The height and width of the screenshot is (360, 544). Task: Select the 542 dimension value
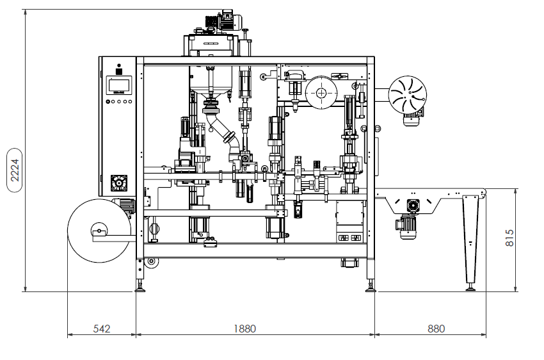102,329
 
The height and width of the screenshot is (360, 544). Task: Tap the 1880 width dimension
244,329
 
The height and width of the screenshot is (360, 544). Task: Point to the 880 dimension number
436,329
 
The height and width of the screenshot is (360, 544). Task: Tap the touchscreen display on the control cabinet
119,85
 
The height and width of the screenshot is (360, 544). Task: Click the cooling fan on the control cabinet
118,183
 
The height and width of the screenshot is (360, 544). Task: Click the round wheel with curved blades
407,94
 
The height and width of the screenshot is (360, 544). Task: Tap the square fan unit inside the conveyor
411,205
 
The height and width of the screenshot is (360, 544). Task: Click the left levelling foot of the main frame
139,285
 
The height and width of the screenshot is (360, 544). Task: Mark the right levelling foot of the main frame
370,286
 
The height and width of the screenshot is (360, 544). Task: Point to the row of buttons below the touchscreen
118,101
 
